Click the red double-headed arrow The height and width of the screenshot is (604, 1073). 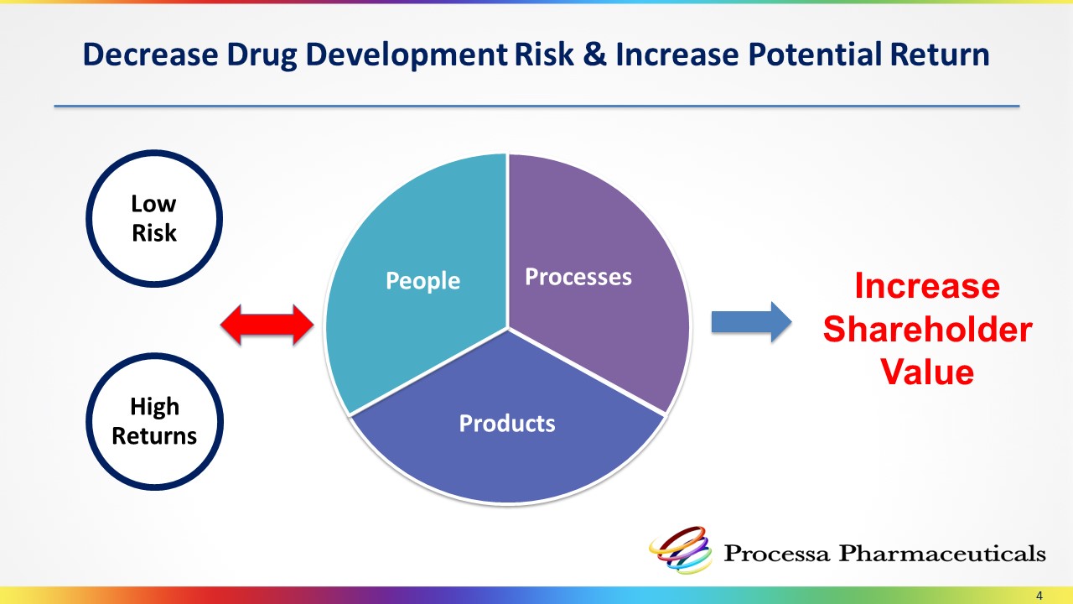tap(267, 325)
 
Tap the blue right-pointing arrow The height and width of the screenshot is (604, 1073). tap(751, 321)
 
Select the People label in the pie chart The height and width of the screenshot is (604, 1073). tap(422, 280)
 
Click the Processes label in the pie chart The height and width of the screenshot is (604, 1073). tap(578, 277)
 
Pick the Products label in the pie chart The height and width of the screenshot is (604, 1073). tap(507, 424)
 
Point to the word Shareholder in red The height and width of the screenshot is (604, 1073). tap(927, 330)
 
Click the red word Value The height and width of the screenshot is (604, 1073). tap(927, 372)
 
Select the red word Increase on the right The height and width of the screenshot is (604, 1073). tap(927, 286)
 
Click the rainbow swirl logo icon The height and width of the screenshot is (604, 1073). tap(680, 549)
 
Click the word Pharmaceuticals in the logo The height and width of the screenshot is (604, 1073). tap(941, 553)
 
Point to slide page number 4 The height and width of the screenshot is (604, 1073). tap(1039, 596)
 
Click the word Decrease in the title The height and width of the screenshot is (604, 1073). tap(150, 54)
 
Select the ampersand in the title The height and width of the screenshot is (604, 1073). tap(594, 54)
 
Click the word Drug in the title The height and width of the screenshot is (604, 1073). tap(262, 55)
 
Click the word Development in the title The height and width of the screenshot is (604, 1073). tap(407, 55)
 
